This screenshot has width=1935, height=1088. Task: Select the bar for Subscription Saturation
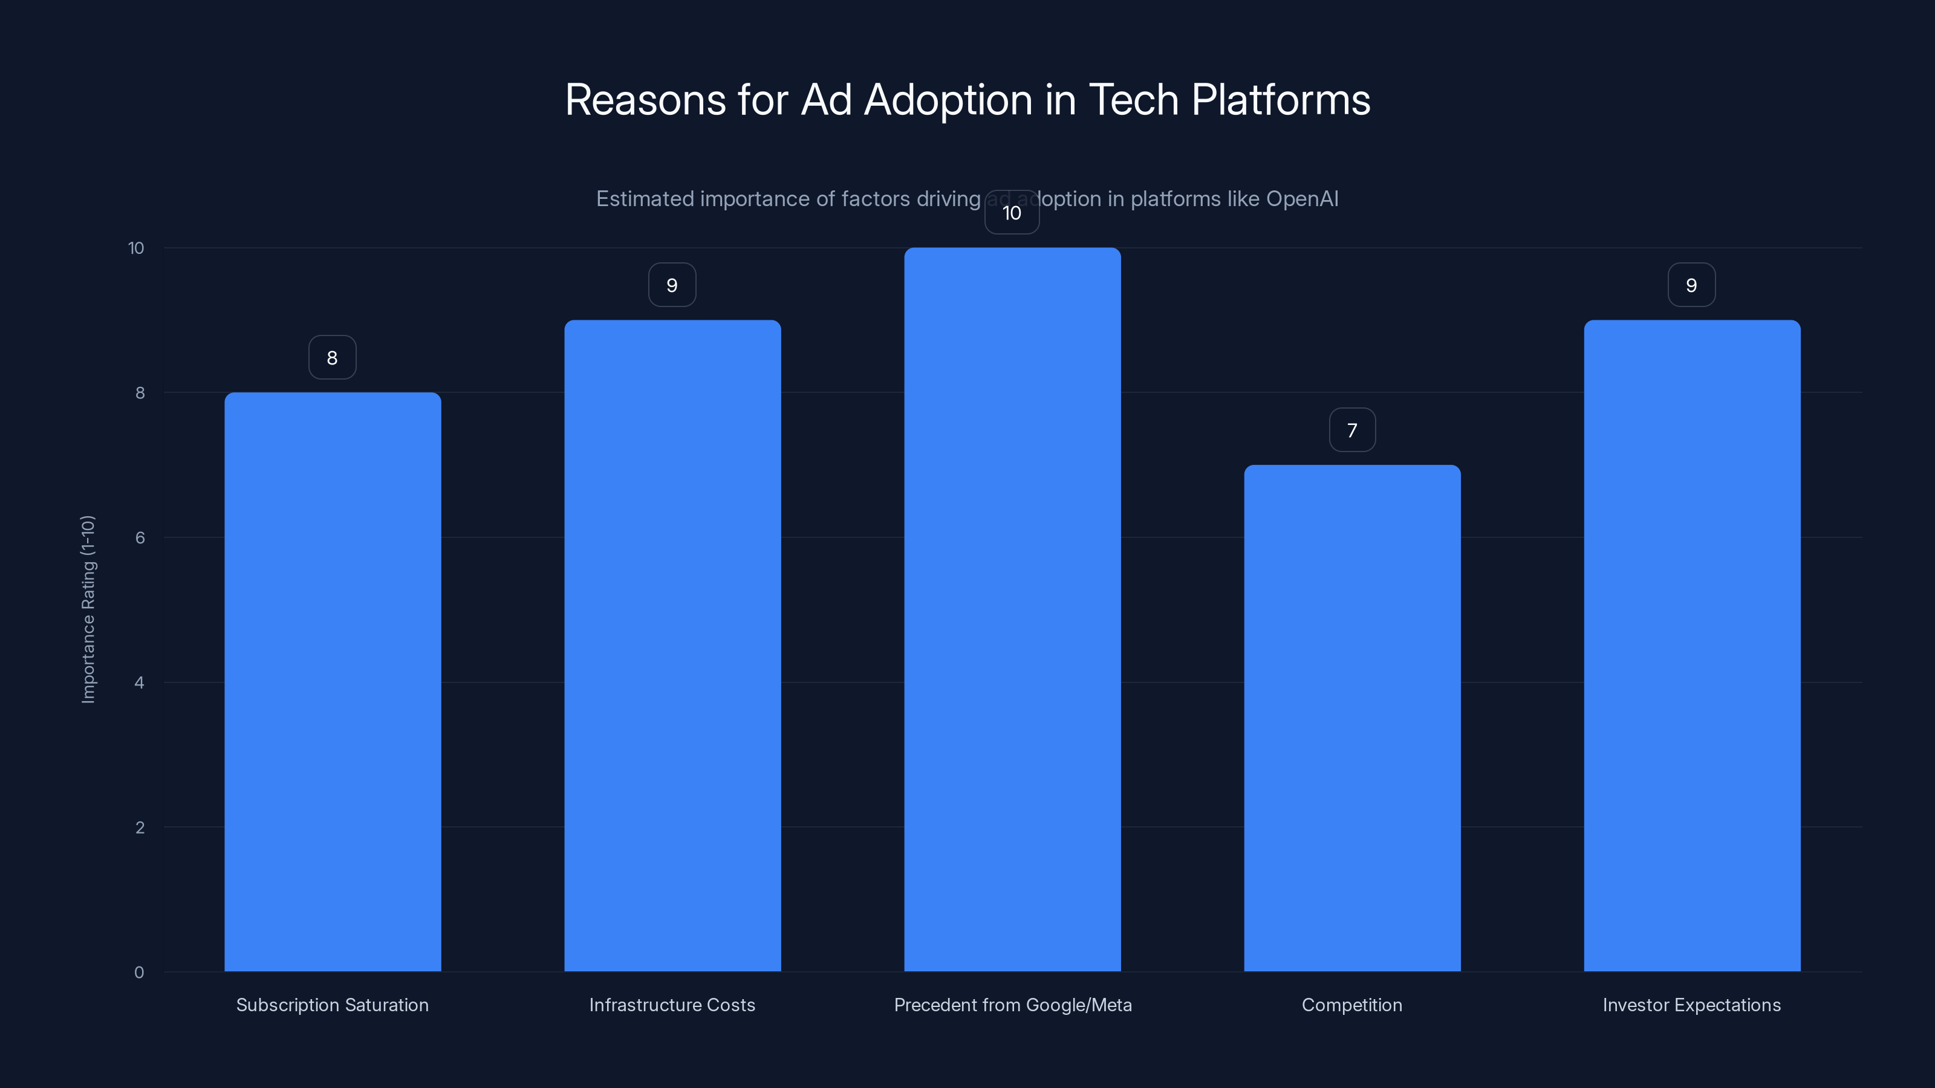point(332,682)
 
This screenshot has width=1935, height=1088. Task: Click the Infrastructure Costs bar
point(672,646)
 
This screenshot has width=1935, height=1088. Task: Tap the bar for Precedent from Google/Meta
point(1012,610)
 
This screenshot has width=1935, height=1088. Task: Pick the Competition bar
point(1352,718)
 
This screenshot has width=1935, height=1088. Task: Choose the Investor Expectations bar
point(1692,646)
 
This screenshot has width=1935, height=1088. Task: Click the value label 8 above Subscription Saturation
point(332,357)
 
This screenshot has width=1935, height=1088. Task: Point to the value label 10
point(1012,213)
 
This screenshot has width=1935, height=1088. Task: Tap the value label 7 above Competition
point(1352,430)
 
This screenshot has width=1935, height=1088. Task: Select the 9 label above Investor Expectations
point(1692,285)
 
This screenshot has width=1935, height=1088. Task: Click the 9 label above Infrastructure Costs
point(672,285)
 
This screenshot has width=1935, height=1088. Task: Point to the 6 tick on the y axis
point(140,537)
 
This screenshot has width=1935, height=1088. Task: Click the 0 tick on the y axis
point(139,973)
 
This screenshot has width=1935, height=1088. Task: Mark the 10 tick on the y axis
point(136,248)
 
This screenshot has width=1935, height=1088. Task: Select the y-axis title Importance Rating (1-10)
point(88,609)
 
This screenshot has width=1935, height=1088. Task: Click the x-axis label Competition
point(1351,1005)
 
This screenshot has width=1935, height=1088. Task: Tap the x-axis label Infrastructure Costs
point(672,1005)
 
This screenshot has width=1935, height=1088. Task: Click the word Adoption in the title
point(948,100)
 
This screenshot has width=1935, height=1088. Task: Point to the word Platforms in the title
point(1281,100)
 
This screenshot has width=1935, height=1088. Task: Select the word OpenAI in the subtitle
point(1302,199)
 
